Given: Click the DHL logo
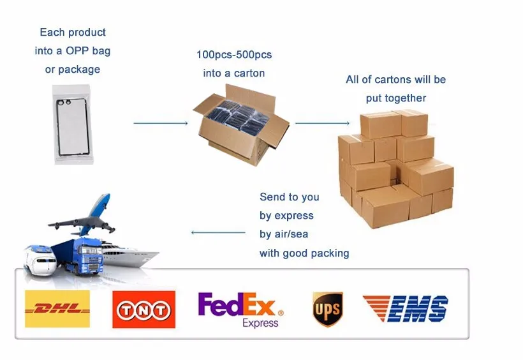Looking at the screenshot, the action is point(57,309).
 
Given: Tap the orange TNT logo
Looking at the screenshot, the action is point(144,310).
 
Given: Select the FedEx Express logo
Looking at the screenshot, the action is point(240,310).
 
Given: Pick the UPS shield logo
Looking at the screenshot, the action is point(327,309).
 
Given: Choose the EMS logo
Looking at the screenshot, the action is point(406,309).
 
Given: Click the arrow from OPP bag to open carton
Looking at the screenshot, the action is point(160,123).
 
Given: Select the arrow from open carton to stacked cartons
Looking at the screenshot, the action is point(322,123).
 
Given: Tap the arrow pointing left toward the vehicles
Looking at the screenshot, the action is point(218,232).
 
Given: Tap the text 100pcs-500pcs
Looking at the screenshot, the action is point(233,54).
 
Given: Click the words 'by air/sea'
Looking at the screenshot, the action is point(284,234).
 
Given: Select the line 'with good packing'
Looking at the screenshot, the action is point(304,253).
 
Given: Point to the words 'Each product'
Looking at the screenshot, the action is point(73,32).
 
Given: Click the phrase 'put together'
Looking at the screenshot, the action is point(396,98).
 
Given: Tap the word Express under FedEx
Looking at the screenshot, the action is point(260,323).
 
